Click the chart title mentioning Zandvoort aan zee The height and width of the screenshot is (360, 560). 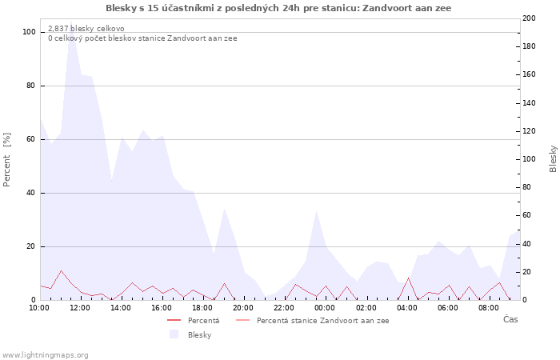(x=278, y=8)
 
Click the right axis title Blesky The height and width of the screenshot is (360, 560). (x=553, y=158)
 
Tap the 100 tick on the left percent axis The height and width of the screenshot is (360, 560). (x=30, y=32)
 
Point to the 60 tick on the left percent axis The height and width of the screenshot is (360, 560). (x=30, y=139)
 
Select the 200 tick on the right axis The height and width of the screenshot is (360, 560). (x=529, y=18)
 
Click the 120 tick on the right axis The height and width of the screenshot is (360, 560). (x=529, y=131)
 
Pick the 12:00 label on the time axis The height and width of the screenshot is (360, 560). (x=80, y=307)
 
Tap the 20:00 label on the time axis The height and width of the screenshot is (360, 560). (x=243, y=307)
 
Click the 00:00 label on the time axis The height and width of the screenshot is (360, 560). (x=325, y=307)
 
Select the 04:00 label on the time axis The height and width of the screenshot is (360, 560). (x=407, y=307)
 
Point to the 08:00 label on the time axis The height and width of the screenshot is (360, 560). (x=489, y=307)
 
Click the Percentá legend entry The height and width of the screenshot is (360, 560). (x=203, y=321)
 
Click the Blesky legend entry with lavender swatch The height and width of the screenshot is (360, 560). (x=199, y=334)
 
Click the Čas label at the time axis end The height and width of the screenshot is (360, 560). (x=510, y=320)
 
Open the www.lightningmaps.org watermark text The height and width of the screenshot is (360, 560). (x=46, y=355)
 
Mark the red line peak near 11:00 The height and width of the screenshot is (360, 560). (x=61, y=270)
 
